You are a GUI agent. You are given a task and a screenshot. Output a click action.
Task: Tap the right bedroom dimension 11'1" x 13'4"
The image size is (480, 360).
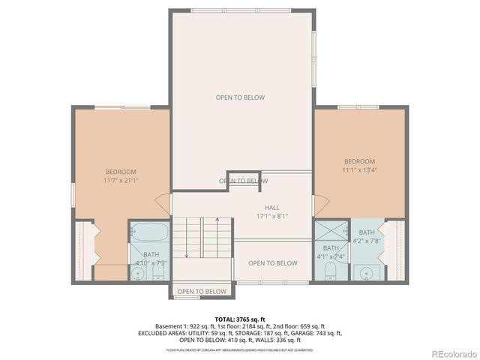[x=359, y=170]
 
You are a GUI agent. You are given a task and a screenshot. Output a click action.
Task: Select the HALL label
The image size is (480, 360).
[x=272, y=212]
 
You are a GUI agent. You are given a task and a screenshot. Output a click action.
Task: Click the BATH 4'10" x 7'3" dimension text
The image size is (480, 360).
[x=151, y=264]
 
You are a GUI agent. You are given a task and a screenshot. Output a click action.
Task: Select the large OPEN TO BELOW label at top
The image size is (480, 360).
[x=240, y=97]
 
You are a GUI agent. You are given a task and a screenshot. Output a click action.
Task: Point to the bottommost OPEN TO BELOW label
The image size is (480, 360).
[x=202, y=292]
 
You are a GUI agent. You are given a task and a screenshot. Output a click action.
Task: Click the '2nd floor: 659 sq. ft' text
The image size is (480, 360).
[x=299, y=326]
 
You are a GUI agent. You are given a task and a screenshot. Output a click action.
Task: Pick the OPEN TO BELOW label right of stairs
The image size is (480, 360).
[x=272, y=263]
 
